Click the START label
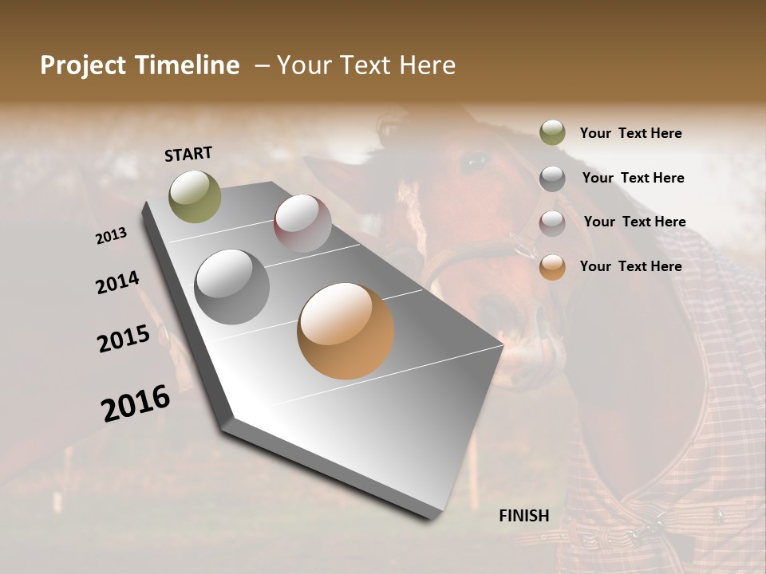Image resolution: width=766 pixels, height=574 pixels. [x=188, y=154]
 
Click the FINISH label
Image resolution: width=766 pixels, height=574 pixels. [x=524, y=516]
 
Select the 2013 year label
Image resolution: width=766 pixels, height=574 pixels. [x=112, y=235]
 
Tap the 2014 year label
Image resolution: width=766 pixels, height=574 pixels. [x=118, y=282]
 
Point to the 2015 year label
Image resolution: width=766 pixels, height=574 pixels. [x=124, y=339]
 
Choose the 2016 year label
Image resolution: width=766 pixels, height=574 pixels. [x=136, y=403]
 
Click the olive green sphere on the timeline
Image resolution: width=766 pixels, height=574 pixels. [x=195, y=197]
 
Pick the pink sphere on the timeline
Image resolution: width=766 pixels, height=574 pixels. [x=302, y=223]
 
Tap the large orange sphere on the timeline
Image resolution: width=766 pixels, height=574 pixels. [x=345, y=331]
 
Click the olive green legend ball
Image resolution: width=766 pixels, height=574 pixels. [x=552, y=132]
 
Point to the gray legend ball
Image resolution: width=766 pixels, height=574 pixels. [x=552, y=179]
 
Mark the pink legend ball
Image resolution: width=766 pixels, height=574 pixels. [x=552, y=223]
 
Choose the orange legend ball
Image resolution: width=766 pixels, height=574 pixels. [x=552, y=267]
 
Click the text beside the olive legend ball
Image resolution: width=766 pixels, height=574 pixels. [x=630, y=133]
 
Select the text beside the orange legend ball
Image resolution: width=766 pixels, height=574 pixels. [x=630, y=266]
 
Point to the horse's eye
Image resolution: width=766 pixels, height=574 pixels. [x=476, y=162]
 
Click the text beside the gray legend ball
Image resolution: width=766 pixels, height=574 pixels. [x=633, y=178]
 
